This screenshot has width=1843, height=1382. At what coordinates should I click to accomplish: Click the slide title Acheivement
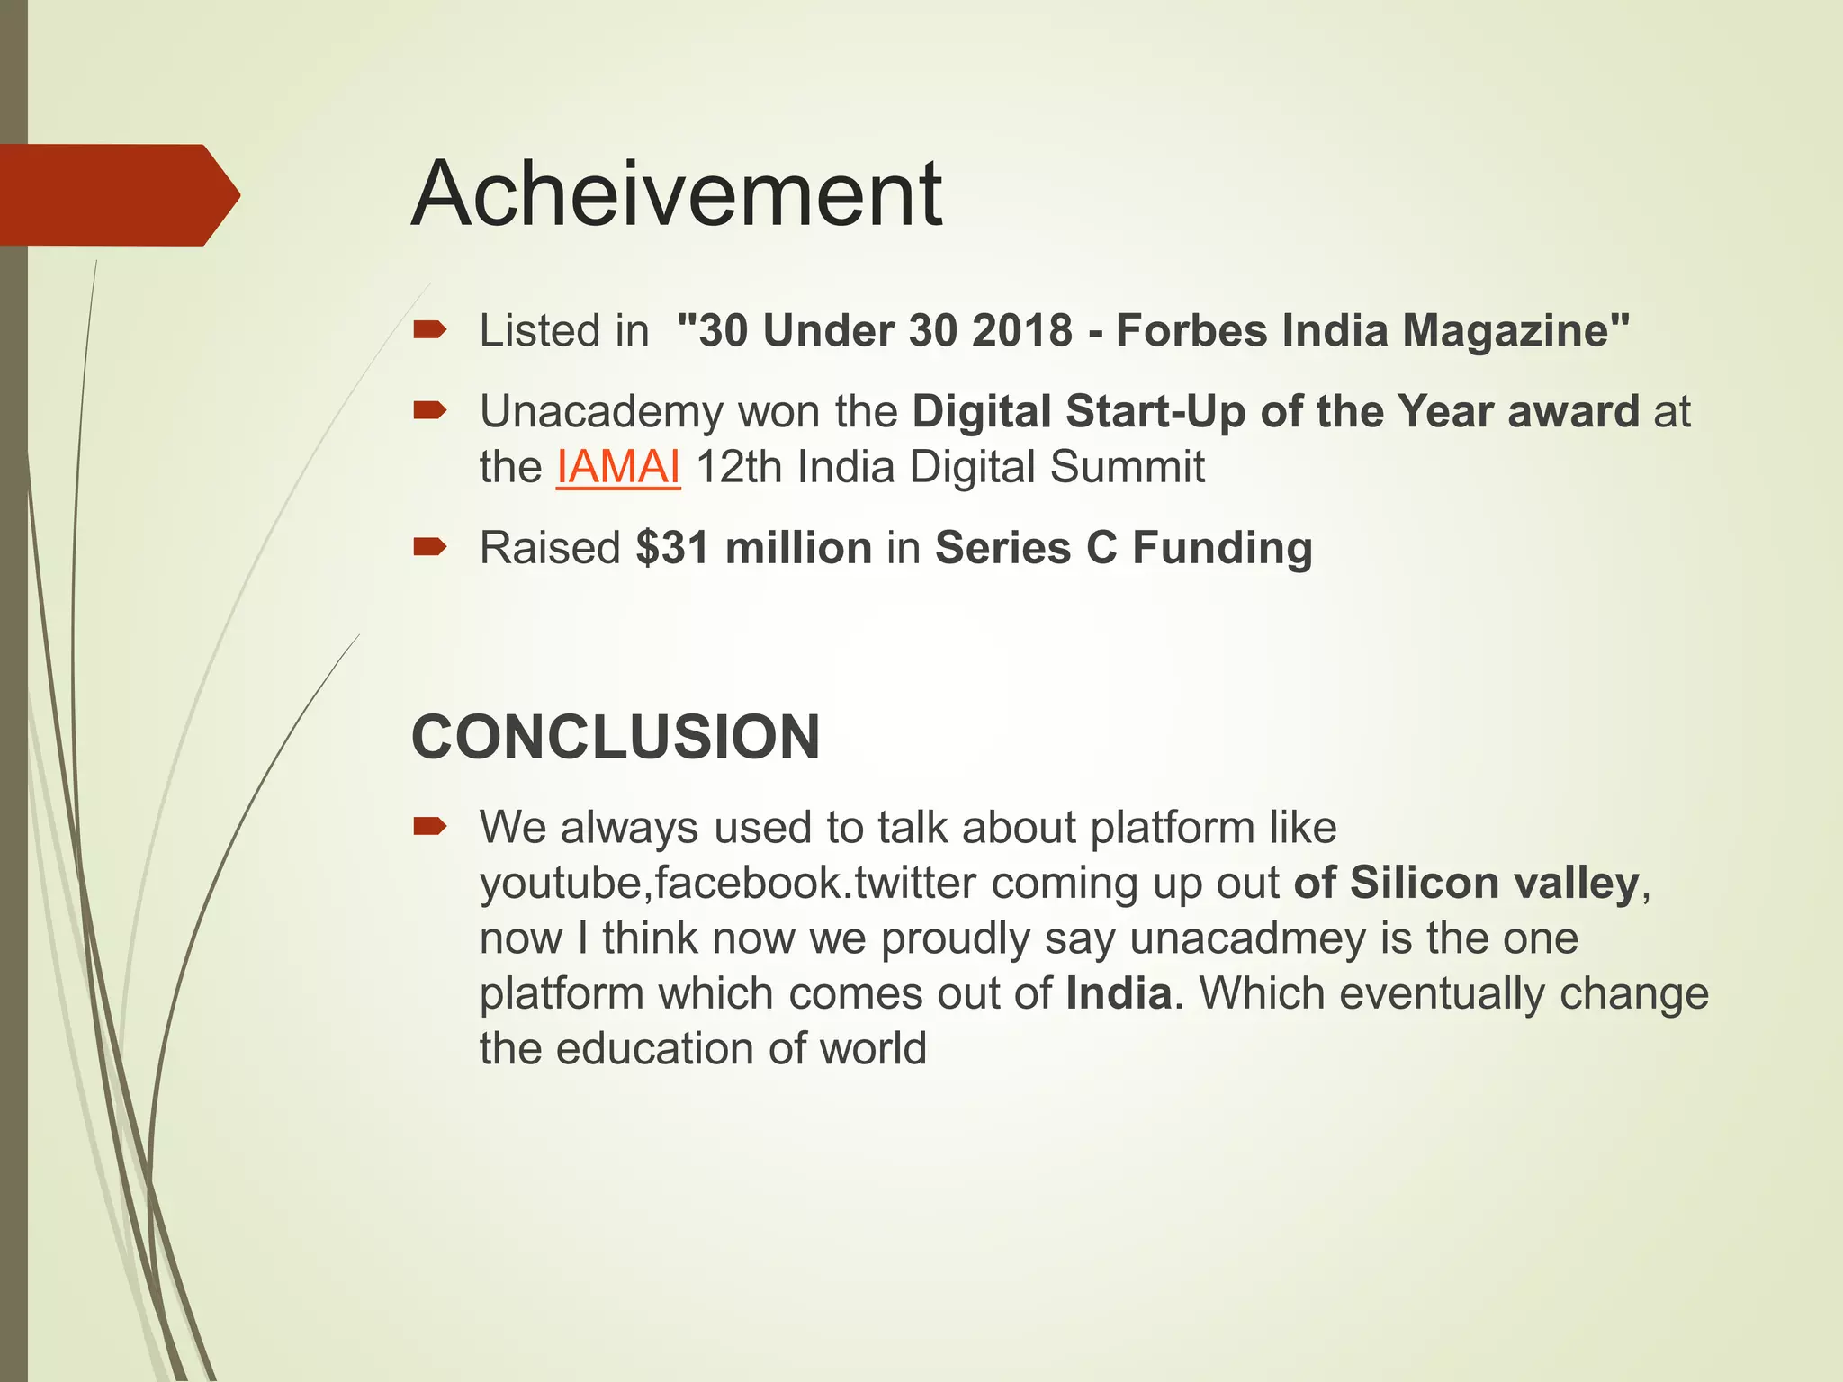coord(677,194)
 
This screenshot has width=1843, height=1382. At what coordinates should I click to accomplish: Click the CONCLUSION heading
coord(616,737)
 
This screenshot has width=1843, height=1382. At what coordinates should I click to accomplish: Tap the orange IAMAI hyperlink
coord(618,467)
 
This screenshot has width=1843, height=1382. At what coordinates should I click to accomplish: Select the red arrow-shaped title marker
coord(117,194)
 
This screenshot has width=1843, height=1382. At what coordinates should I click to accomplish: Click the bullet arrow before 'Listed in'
coord(430,330)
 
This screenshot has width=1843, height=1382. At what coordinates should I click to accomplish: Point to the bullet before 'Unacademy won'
coord(430,412)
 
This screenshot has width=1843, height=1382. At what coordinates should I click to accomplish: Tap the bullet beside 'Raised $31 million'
coord(430,547)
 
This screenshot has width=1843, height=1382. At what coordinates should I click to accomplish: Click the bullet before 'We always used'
coord(430,827)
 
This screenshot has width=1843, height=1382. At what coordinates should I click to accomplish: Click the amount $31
coord(672,548)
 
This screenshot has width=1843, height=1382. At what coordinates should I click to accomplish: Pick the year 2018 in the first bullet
coord(1022,330)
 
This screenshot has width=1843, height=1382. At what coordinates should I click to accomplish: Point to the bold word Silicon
coord(1425,883)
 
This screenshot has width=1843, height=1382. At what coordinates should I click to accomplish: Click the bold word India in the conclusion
coord(1119,993)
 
